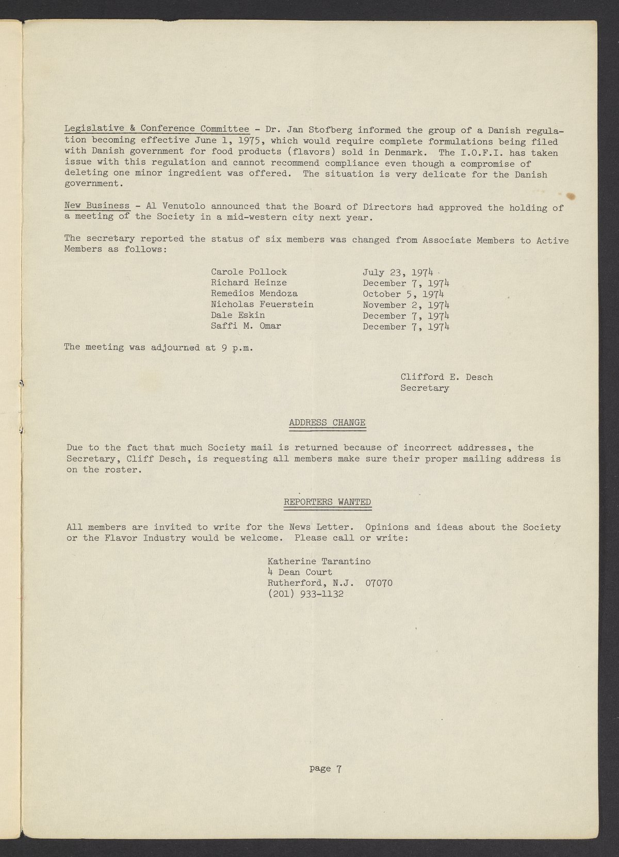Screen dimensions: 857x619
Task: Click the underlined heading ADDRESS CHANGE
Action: [x=327, y=423]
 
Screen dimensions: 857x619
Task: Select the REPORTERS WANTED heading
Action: [x=327, y=502]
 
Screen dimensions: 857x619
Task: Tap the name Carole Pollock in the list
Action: [x=249, y=272]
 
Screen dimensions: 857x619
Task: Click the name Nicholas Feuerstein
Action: [x=262, y=304]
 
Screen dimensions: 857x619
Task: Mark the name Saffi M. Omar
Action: [x=246, y=326]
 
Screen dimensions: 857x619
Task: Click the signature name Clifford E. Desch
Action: [x=446, y=377]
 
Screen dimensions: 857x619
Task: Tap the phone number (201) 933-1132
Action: [x=305, y=594]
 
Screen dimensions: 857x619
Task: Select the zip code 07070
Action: [x=379, y=583]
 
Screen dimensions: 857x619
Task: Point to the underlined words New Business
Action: [x=96, y=206]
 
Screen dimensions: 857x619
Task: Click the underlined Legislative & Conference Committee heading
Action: [x=156, y=129]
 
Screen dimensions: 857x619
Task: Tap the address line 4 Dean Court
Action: [x=300, y=572]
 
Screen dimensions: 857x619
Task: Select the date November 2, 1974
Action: [x=406, y=305]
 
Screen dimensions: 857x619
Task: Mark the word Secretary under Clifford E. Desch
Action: [x=425, y=388]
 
